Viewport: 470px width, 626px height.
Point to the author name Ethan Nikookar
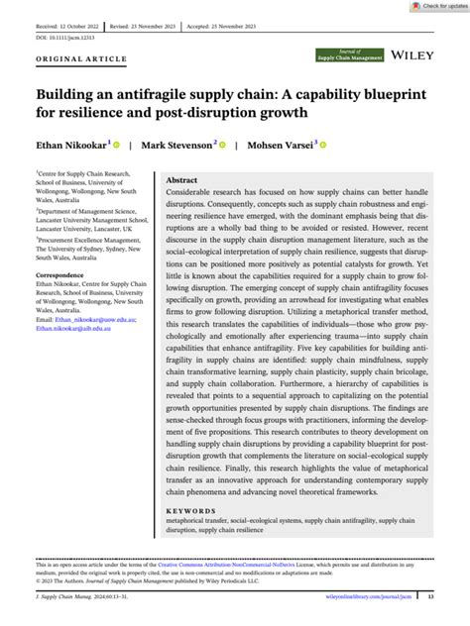[x=73, y=145]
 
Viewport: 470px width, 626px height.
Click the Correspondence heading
[x=60, y=274]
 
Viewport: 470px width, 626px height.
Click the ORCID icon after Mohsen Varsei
[x=324, y=145]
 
